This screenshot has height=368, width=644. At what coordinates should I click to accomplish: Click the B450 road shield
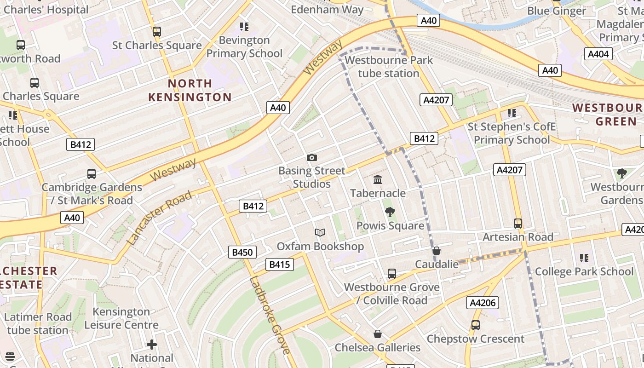[242, 252]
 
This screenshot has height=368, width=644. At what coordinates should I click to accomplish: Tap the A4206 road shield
[482, 303]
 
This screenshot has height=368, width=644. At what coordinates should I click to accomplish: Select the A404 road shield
[598, 54]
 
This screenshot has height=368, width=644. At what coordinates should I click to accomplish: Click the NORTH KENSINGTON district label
[190, 90]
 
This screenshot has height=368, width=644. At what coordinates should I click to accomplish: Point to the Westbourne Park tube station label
[389, 67]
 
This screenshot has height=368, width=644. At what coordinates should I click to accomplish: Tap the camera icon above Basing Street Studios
[312, 158]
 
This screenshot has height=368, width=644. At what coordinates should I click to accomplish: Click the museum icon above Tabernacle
[378, 179]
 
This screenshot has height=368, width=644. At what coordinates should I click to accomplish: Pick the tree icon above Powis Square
[390, 212]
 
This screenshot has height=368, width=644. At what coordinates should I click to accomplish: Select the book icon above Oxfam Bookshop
[320, 233]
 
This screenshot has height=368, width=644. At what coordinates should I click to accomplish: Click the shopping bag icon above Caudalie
[437, 251]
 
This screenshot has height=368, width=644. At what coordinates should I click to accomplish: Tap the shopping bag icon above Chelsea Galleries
[378, 333]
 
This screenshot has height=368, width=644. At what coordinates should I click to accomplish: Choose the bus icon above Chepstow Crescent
[476, 325]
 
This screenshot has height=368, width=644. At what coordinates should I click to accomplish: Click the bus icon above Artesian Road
[518, 224]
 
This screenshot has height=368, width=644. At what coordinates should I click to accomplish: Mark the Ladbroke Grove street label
[270, 316]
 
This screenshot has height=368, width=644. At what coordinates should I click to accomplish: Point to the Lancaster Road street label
[159, 218]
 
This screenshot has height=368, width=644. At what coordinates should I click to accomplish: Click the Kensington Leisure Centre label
[121, 318]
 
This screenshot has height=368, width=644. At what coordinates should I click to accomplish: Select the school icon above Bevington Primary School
[244, 27]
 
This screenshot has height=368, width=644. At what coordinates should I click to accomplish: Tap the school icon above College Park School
[584, 258]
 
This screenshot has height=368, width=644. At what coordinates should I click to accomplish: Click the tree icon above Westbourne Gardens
[622, 173]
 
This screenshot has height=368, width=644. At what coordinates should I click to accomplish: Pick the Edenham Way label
[327, 9]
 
